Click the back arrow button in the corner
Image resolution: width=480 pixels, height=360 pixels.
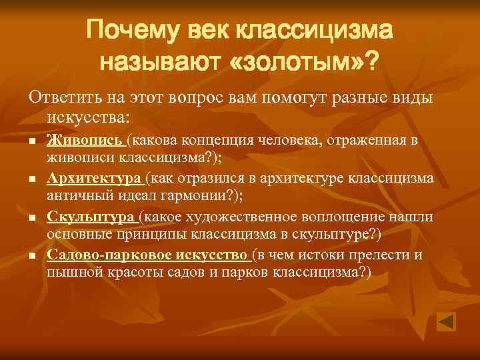(x=446, y=321)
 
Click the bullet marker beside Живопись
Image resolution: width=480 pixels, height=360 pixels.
(x=31, y=141)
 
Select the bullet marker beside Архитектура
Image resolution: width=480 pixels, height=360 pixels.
(x=31, y=179)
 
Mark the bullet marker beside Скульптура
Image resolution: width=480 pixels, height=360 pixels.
(x=31, y=217)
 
